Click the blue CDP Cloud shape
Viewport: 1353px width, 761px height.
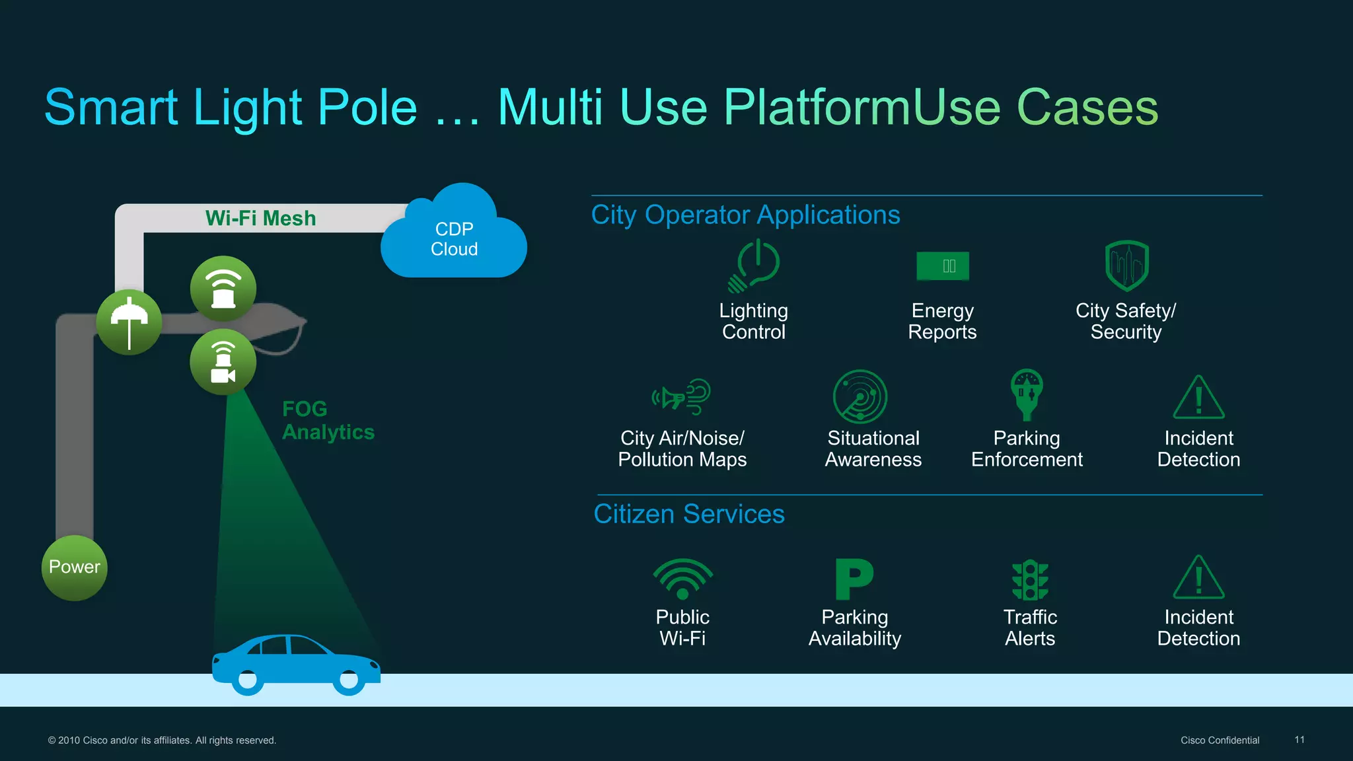(x=454, y=239)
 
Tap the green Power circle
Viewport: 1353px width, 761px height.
(x=75, y=567)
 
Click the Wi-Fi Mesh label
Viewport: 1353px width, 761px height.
(x=260, y=219)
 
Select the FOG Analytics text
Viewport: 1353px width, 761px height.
(x=328, y=420)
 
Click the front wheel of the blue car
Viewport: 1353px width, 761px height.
(x=349, y=679)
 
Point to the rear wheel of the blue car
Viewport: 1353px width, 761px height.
(x=247, y=680)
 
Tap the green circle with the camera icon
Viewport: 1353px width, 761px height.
(x=223, y=363)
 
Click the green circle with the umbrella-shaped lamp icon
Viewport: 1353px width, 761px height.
(x=129, y=322)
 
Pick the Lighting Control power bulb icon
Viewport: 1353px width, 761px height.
(x=754, y=266)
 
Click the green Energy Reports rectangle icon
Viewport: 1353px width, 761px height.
(x=943, y=266)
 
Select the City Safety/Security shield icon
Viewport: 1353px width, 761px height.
(x=1126, y=266)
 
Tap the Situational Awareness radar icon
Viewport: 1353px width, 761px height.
(x=859, y=396)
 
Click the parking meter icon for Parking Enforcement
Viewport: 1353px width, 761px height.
(x=1027, y=394)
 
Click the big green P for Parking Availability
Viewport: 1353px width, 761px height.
(x=854, y=579)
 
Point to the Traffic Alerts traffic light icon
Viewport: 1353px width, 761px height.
(x=1030, y=580)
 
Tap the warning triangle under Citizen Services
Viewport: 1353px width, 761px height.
(x=1198, y=579)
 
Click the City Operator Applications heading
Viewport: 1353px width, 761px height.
(x=745, y=215)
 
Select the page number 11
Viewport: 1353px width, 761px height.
(x=1299, y=740)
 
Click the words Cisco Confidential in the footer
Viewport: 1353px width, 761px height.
(x=1220, y=741)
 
